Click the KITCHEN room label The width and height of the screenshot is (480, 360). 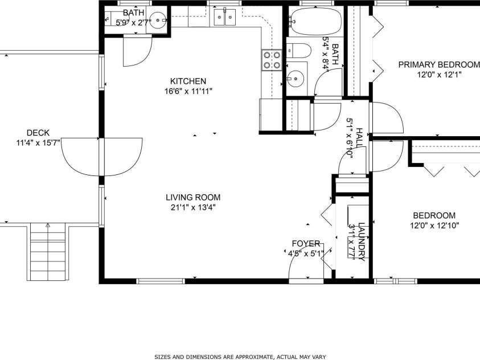coord(188,81)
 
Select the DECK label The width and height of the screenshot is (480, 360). coord(38,133)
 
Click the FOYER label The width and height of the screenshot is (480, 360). coord(306,243)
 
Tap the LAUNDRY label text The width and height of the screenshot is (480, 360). coord(361,242)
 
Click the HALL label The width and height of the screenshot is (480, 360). coord(359,138)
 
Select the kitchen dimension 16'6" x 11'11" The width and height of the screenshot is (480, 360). coord(188,91)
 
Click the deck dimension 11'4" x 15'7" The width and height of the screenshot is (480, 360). coord(38,143)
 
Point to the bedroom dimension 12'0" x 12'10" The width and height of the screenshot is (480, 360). coord(434,225)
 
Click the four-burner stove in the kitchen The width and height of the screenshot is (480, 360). coord(272,60)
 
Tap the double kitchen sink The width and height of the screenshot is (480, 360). coord(225,19)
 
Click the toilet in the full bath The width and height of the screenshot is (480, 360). coord(298,51)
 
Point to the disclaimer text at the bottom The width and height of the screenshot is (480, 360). coord(240,357)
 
